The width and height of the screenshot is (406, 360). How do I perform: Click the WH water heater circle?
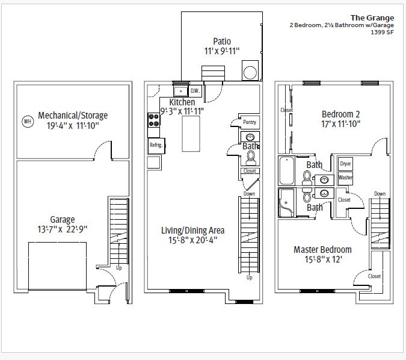28,121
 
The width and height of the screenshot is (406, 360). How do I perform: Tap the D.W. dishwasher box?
195,91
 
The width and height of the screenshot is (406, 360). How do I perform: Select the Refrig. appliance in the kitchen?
156,146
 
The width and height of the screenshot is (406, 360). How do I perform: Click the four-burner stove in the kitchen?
153,120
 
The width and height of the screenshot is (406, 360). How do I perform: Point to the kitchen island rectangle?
191,134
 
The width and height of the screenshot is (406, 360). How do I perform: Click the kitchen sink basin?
180,92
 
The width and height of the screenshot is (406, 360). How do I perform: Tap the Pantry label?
250,122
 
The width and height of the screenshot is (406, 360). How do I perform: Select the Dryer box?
345,164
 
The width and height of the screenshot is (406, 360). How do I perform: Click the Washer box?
345,178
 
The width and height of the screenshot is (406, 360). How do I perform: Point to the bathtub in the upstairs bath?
287,170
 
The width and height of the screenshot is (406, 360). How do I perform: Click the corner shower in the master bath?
286,202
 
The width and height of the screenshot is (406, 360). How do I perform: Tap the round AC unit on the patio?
250,71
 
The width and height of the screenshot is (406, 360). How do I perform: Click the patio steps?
213,73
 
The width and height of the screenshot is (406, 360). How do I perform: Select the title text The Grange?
372,18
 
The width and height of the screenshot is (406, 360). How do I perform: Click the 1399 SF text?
382,33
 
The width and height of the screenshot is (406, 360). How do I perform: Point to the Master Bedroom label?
322,249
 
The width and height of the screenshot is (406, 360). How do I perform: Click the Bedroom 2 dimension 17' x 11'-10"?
341,124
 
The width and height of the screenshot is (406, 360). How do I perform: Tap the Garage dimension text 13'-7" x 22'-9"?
63,229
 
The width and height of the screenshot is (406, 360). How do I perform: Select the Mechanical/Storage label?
73,116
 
